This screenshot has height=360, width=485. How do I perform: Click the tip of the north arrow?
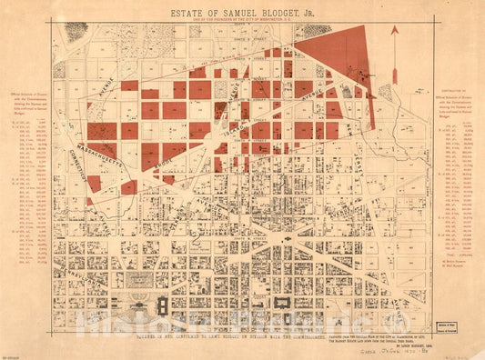tap(395, 29)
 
